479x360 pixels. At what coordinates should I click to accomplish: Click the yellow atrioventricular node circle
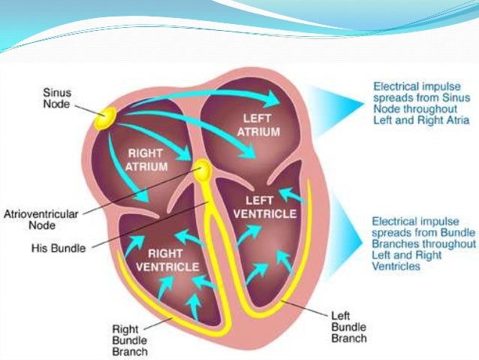(201, 168)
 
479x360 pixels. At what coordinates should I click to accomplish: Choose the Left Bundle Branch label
(350, 328)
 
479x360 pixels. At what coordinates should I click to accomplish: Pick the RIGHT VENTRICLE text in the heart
(173, 259)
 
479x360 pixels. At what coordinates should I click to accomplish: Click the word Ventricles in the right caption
(396, 267)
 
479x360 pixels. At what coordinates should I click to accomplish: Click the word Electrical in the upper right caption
(395, 86)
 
